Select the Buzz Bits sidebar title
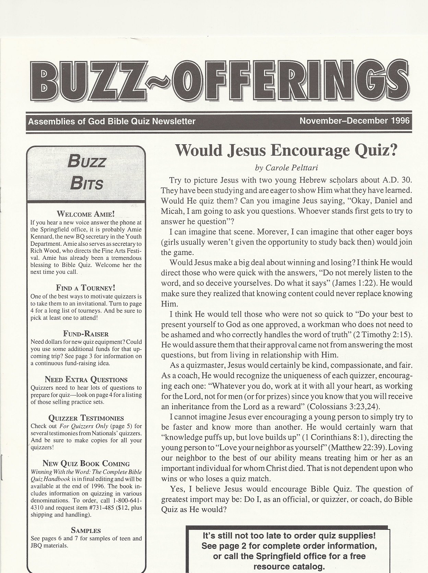pyautogui.click(x=86, y=172)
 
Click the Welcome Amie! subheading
pyautogui.click(x=86, y=215)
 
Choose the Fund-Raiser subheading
pyautogui.click(x=86, y=334)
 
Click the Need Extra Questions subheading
pyautogui.click(x=86, y=379)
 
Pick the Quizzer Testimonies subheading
pyautogui.click(x=86, y=418)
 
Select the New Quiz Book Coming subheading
pyautogui.click(x=86, y=464)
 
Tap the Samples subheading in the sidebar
pyautogui.click(x=86, y=531)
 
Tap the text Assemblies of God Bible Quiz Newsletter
pyautogui.click(x=112, y=121)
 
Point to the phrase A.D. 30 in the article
pyautogui.click(x=396, y=180)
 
